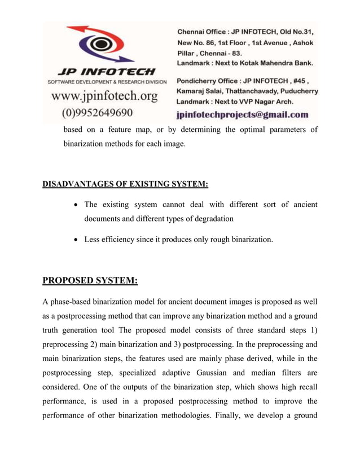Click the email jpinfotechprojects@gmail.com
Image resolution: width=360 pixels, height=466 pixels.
tap(242, 115)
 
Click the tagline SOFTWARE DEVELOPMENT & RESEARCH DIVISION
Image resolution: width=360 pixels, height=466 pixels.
tap(104, 82)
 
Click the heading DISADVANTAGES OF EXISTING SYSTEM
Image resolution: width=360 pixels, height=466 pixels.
tap(125, 184)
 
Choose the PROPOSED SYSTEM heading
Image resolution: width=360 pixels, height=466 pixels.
tap(90, 280)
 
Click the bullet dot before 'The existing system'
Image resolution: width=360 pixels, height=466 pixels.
tap(76, 205)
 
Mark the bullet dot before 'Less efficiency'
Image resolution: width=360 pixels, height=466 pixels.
tap(76, 240)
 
